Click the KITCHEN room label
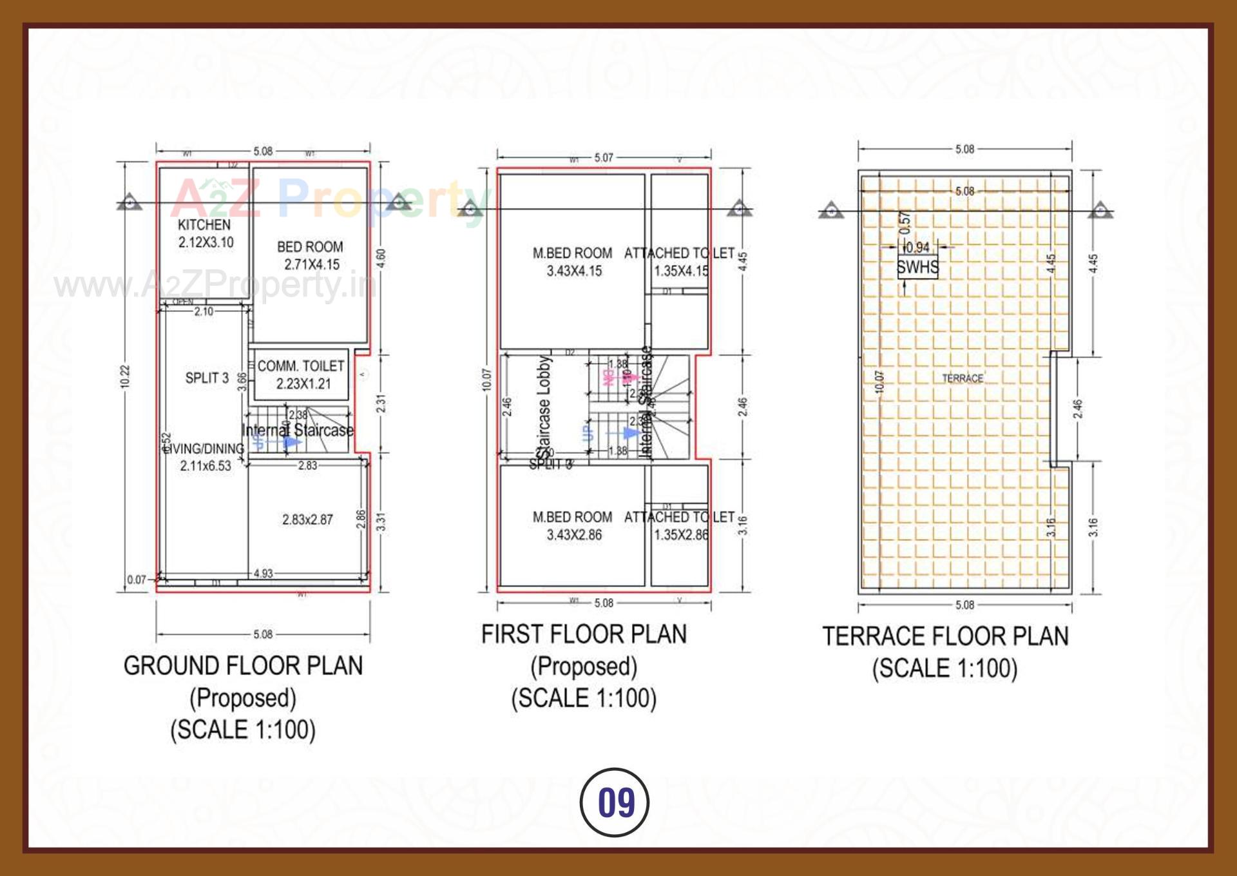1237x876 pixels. tap(204, 225)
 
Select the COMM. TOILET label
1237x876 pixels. tap(301, 366)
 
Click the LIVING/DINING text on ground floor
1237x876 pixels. tap(205, 449)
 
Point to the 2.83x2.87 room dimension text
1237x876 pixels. tap(307, 520)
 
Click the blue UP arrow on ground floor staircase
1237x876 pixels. tap(290, 443)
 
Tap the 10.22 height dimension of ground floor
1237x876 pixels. tap(125, 376)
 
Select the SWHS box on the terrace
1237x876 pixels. tap(917, 267)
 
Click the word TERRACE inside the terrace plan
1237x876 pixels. tap(963, 378)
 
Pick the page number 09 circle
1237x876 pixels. tap(615, 803)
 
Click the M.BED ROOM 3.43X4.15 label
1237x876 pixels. tap(573, 262)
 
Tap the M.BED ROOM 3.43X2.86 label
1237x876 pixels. tap(573, 525)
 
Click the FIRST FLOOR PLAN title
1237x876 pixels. tap(584, 634)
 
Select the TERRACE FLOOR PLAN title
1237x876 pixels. tap(945, 637)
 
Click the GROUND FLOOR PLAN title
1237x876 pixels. tap(243, 666)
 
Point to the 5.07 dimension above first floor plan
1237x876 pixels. tap(604, 157)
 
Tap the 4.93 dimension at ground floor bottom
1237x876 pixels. tap(263, 574)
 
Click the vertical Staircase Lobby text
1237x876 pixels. tap(544, 406)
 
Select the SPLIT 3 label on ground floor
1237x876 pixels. tap(207, 378)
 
